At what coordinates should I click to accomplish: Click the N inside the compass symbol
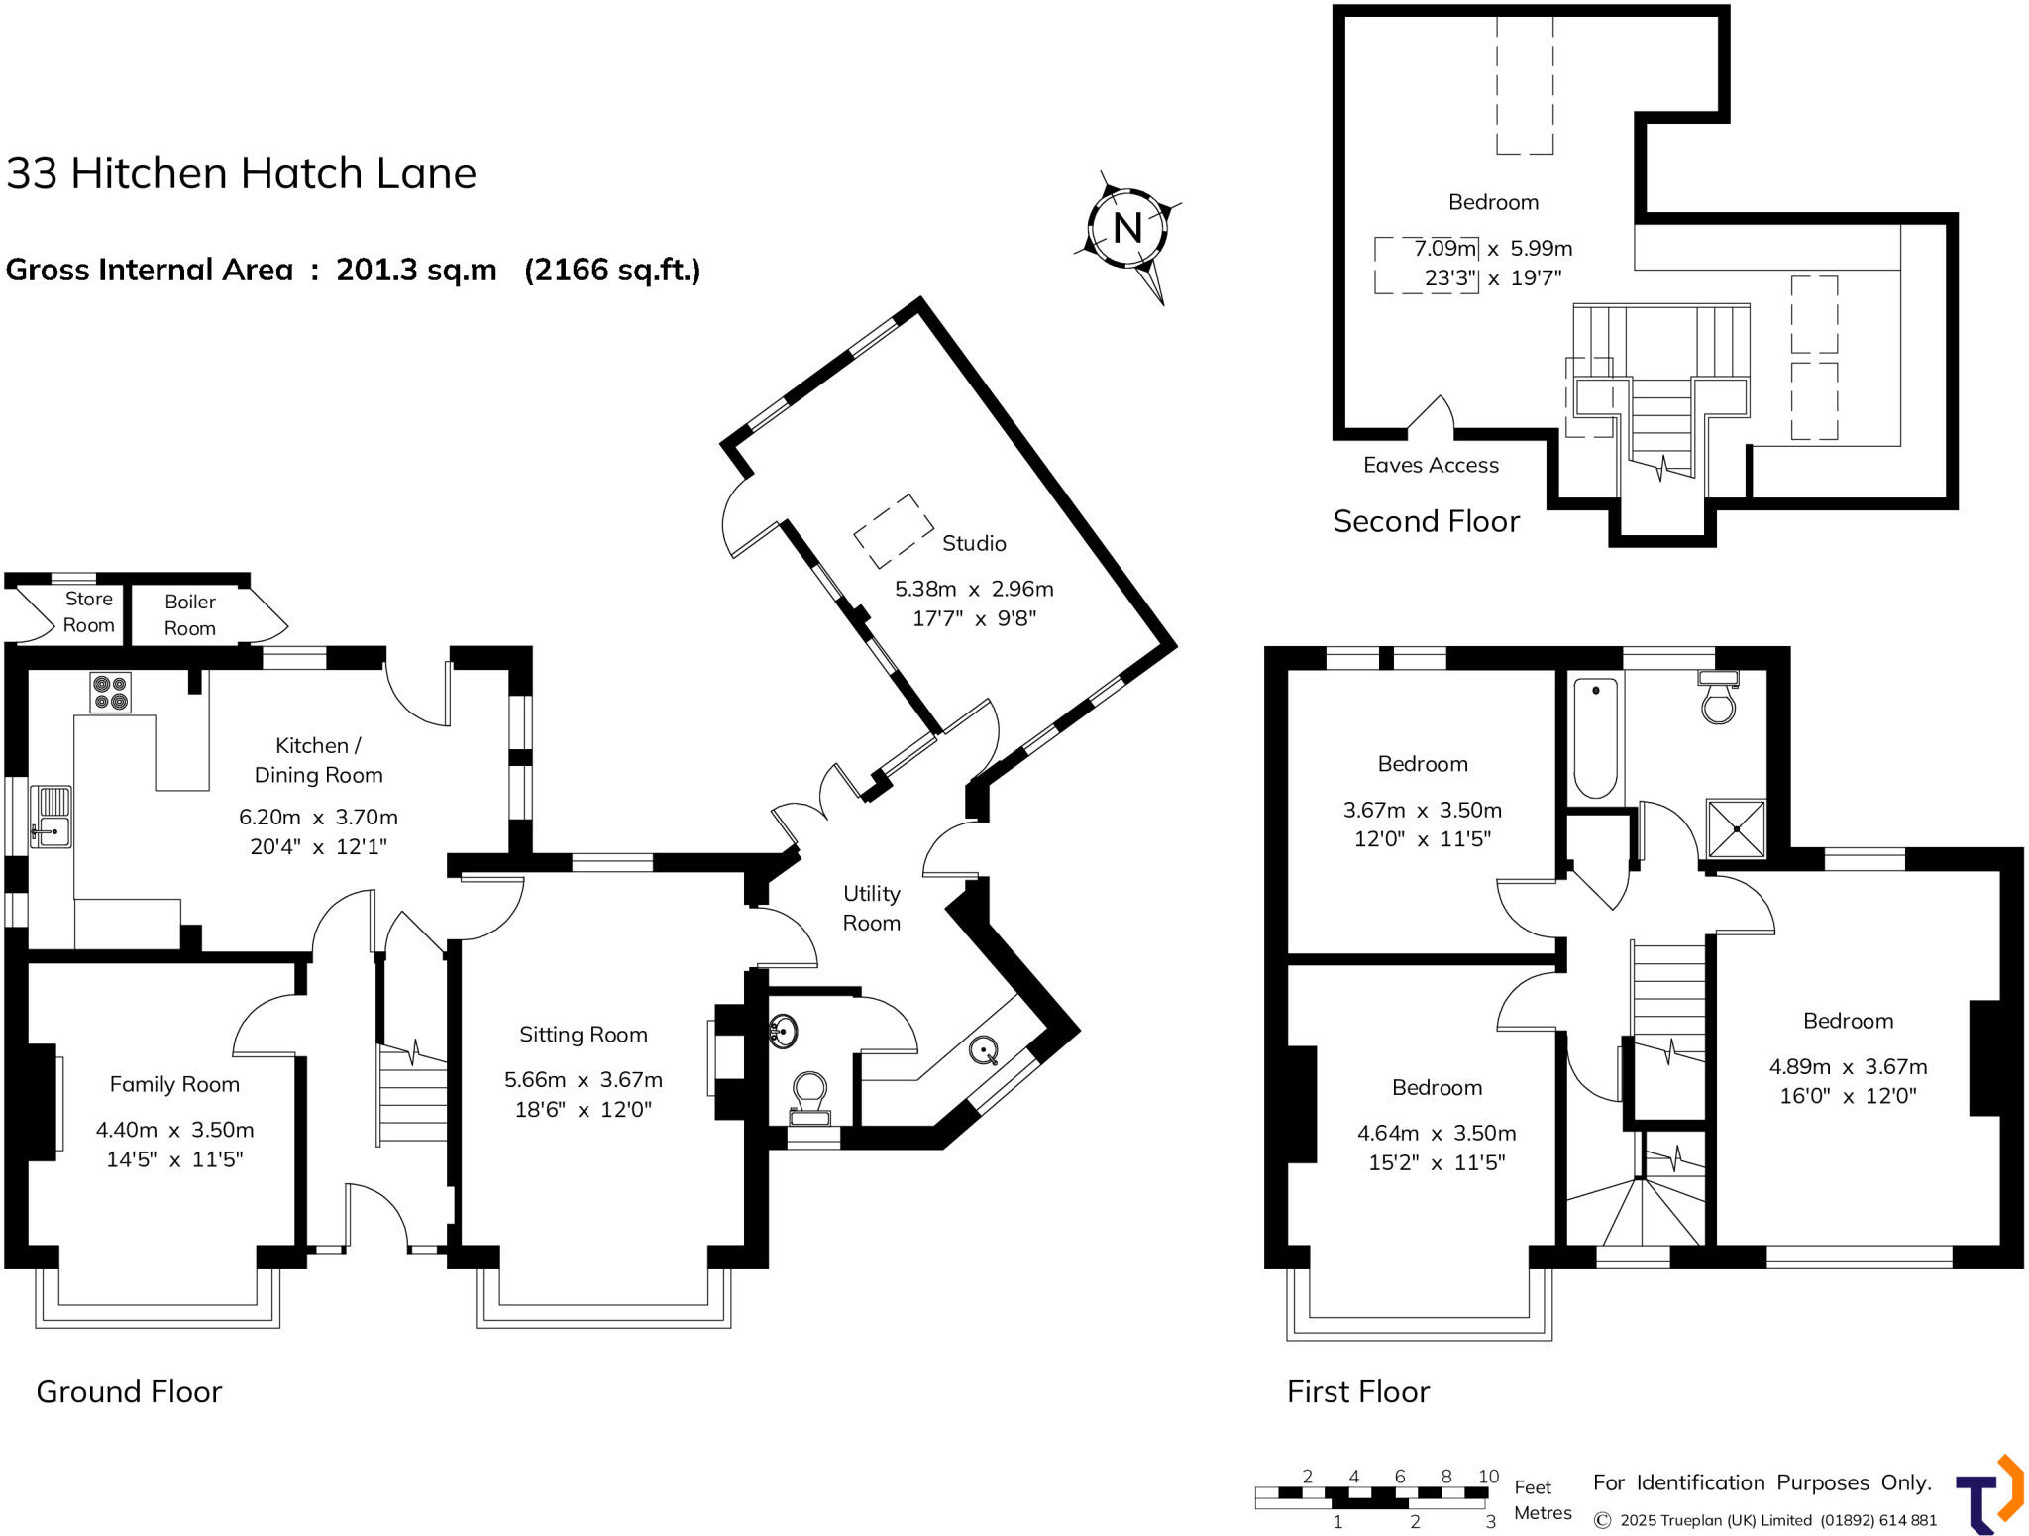pos(1127,228)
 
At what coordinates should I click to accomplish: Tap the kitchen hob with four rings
pos(110,693)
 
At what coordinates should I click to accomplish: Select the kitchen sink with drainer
pos(51,817)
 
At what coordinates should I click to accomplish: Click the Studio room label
pos(974,543)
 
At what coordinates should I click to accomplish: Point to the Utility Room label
pos(872,908)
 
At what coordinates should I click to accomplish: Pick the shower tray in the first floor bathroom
pos(1736,828)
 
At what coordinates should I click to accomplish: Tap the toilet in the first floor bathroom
pos(1718,698)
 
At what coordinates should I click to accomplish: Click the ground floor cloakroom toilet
pos(809,1099)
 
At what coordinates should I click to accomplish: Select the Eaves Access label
pos(1431,465)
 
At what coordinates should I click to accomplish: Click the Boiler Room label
pos(190,614)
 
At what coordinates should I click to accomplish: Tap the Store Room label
pos(89,611)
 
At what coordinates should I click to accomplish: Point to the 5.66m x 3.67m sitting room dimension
pos(584,1079)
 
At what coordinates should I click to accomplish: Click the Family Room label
pos(174,1084)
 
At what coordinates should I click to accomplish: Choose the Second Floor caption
pos(1426,521)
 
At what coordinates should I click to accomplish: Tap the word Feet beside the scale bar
pos(1533,1487)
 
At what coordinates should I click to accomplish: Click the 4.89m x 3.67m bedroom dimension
pos(1849,1066)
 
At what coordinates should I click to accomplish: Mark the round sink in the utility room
pos(984,1049)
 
